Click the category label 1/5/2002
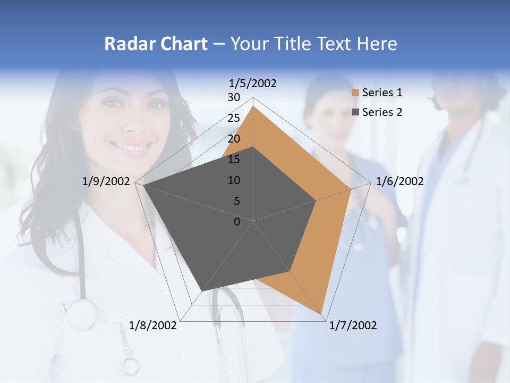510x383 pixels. [252, 83]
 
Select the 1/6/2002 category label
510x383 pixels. [399, 181]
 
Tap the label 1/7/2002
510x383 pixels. [353, 325]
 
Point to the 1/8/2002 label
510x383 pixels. [153, 325]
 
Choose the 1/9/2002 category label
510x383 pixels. [106, 181]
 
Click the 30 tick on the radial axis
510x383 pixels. [234, 97]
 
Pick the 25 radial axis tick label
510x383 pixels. [234, 118]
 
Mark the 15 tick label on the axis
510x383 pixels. [234, 160]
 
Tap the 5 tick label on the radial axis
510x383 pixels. [236, 201]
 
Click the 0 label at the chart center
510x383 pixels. [237, 222]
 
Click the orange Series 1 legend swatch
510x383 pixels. [355, 93]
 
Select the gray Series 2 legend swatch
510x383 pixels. [355, 112]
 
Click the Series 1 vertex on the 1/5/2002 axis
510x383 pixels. [253, 106]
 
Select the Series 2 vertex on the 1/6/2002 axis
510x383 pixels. [316, 201]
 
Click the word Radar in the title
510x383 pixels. [125, 44]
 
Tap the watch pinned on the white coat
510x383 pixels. [130, 365]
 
